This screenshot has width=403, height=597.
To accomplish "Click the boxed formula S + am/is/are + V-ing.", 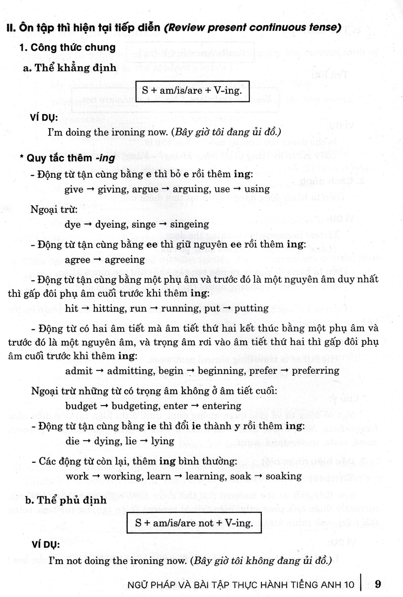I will click(193, 92).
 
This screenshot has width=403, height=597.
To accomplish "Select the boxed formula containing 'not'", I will click(193, 522).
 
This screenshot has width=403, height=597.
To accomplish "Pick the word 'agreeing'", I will click(124, 260).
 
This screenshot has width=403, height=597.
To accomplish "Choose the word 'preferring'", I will click(316, 370).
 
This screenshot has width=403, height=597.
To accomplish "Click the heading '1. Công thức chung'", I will click(67, 48).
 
